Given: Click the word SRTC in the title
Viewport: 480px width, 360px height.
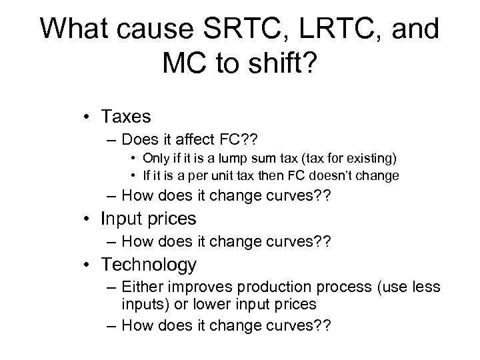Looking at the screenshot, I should click(232, 30).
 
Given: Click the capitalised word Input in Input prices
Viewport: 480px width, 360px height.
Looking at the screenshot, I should click(121, 219).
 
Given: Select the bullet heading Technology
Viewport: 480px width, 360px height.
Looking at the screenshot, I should click(149, 265).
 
